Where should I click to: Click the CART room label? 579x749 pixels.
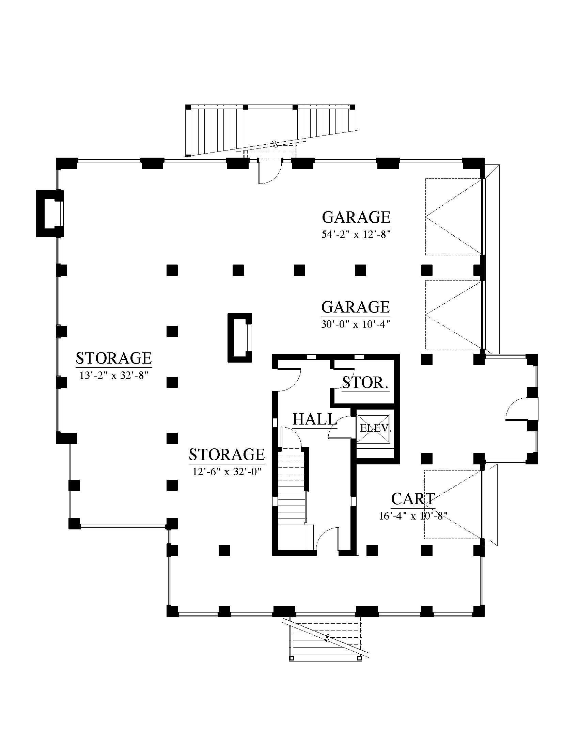[413, 499]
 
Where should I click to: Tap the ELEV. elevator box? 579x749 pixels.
[374, 428]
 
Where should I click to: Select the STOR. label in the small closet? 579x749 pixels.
[365, 382]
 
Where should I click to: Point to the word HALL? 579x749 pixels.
[313, 419]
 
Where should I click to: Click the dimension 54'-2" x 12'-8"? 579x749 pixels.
[356, 235]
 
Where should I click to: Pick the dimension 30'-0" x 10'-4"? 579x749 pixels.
[356, 324]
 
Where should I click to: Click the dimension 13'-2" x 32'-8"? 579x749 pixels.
[113, 376]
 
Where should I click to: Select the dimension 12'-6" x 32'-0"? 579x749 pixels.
[227, 472]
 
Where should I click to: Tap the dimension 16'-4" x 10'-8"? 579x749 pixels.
[413, 516]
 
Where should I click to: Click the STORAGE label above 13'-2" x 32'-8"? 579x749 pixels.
[114, 358]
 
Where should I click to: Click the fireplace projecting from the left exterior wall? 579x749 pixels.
[50, 213]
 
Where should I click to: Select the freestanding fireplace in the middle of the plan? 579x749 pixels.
[239, 338]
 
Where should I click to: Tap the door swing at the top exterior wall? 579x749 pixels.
[270, 171]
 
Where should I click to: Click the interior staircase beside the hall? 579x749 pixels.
[292, 490]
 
